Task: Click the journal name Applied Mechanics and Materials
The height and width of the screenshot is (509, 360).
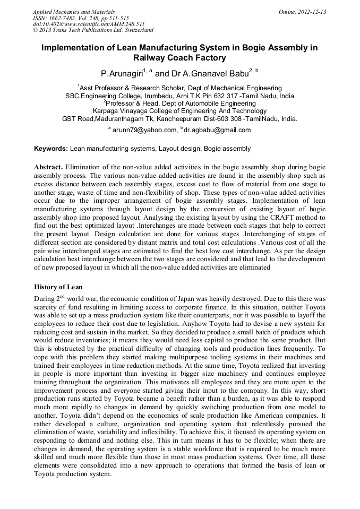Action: pyautogui.click(x=73, y=11)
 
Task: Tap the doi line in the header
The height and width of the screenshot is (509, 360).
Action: pyautogui.click(x=89, y=24)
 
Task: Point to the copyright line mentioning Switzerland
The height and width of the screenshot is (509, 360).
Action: pyautogui.click(x=93, y=30)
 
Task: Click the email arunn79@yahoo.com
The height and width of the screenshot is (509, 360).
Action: pyautogui.click(x=145, y=130)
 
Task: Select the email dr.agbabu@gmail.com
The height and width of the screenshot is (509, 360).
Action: pyautogui.click(x=217, y=130)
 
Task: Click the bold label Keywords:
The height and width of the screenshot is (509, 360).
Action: pyautogui.click(x=51, y=149)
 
